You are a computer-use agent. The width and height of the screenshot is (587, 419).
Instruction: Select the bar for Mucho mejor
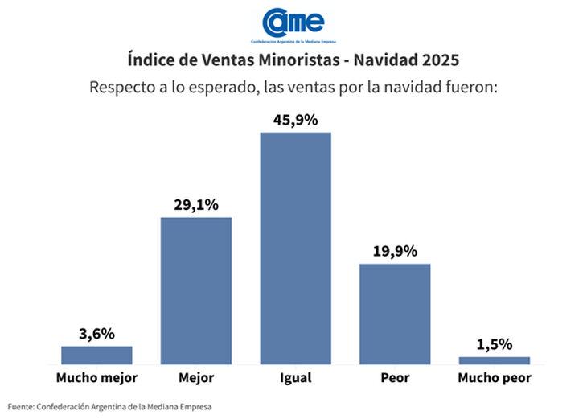click(x=96, y=355)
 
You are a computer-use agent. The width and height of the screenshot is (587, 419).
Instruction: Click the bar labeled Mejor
click(x=196, y=290)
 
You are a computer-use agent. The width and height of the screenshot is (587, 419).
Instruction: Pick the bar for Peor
click(x=395, y=314)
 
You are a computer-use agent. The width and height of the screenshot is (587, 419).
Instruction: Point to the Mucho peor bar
click(x=494, y=359)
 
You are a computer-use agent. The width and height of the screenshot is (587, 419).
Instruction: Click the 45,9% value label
click(x=295, y=120)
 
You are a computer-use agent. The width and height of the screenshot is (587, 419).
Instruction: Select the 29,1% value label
click(x=196, y=205)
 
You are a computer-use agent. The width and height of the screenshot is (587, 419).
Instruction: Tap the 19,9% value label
click(x=395, y=251)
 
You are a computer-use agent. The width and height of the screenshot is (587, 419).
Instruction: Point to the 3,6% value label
click(x=96, y=334)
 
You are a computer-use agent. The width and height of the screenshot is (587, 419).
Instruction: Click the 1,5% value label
click(x=494, y=344)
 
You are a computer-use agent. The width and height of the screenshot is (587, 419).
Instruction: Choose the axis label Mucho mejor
click(x=96, y=376)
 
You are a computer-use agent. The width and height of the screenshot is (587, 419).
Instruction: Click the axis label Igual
click(x=295, y=377)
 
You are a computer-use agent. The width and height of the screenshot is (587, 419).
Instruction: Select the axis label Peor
click(x=395, y=376)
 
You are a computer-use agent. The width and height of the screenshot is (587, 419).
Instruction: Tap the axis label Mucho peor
click(x=494, y=376)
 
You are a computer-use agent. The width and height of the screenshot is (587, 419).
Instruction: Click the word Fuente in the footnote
click(x=22, y=406)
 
